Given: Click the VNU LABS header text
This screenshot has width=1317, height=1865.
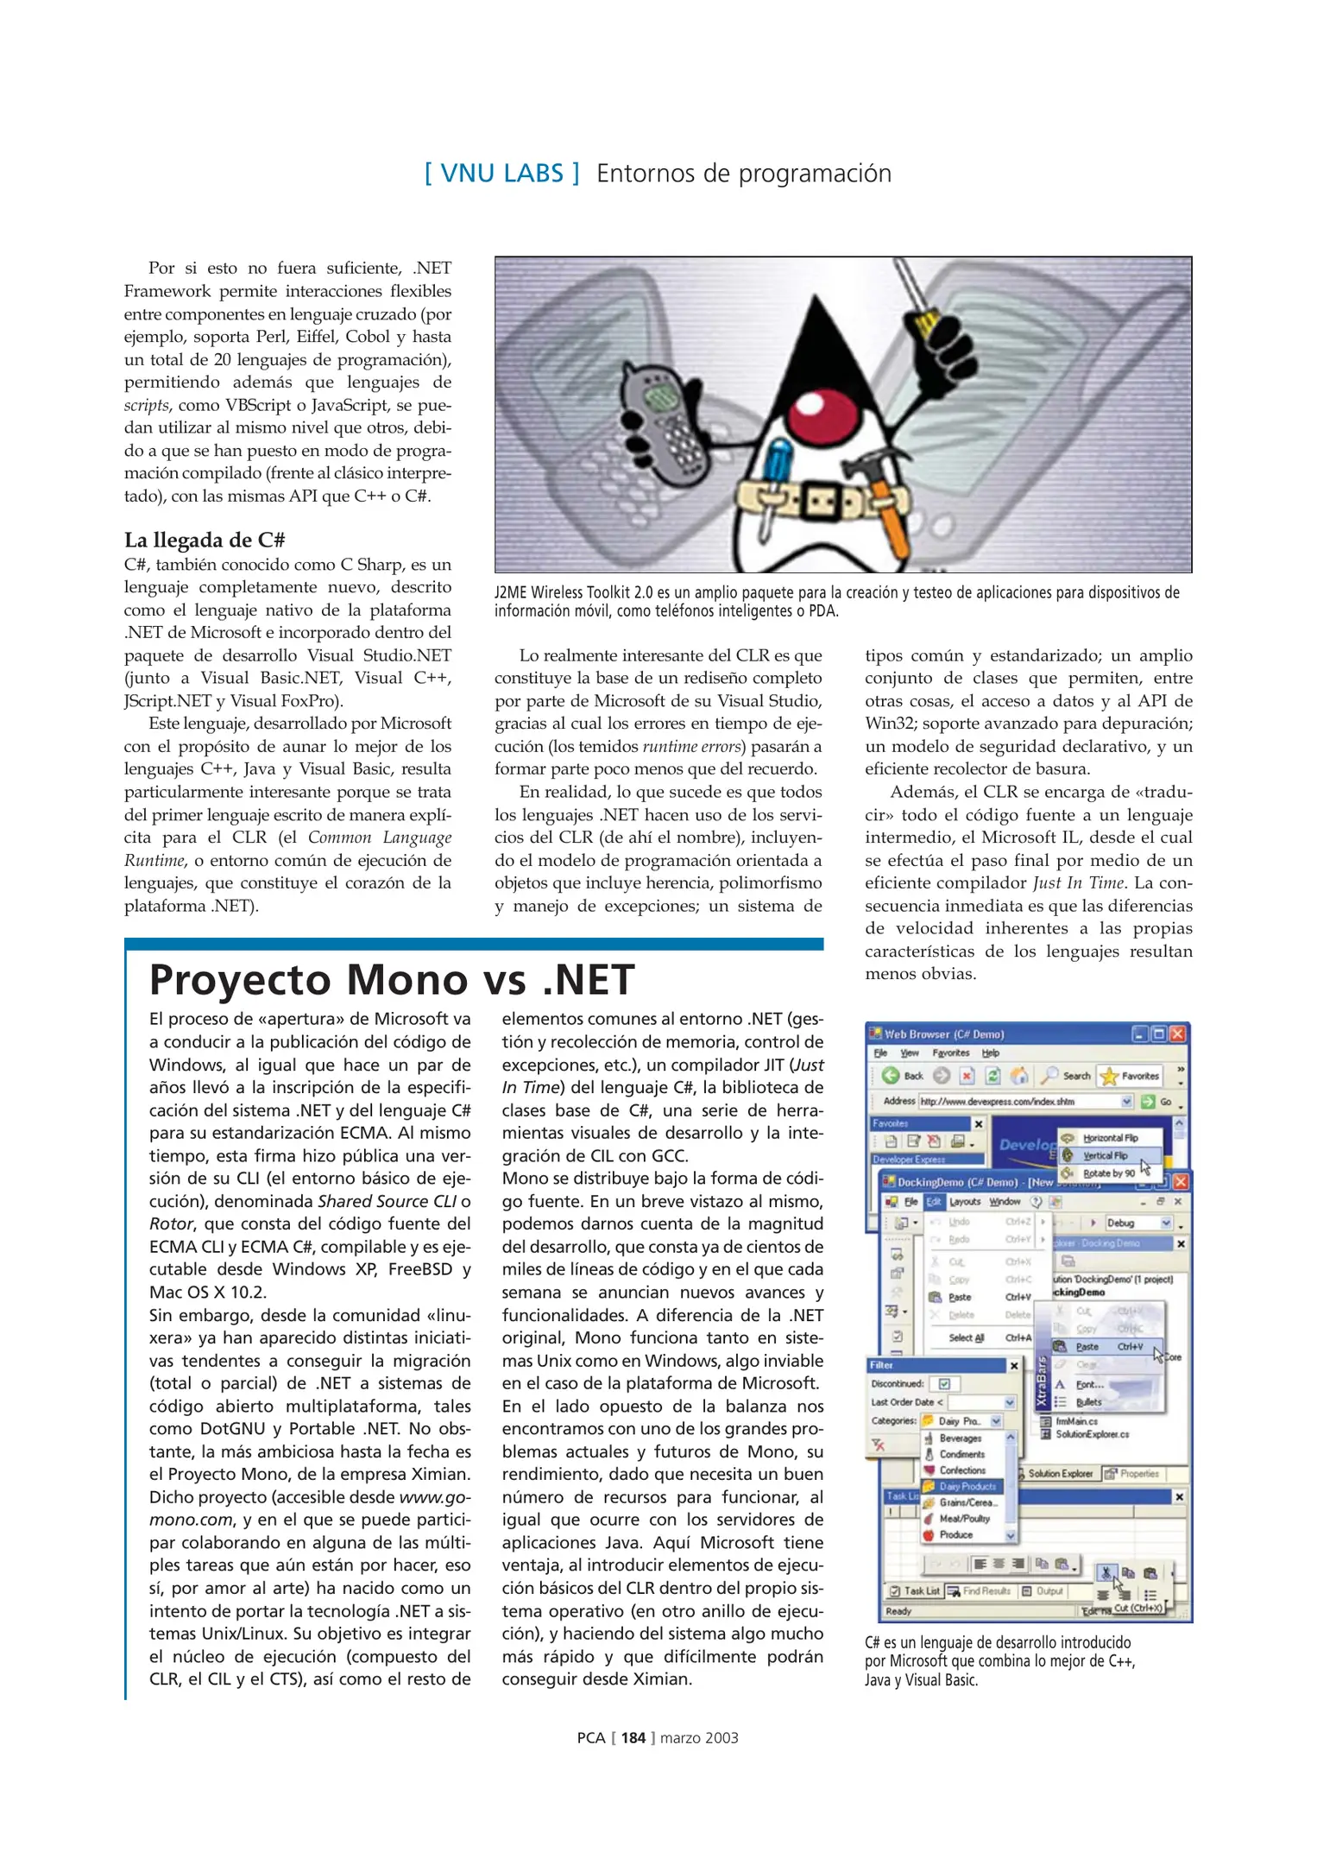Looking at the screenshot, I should pyautogui.click(x=501, y=174).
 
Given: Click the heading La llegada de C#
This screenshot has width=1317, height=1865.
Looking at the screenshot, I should pyautogui.click(x=205, y=541).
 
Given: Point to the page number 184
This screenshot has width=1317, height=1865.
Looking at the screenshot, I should pyautogui.click(x=633, y=1738).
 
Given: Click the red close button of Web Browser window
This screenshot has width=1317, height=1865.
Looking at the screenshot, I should pyautogui.click(x=1177, y=1034).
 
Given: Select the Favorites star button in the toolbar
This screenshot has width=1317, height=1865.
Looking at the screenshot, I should pyautogui.click(x=1131, y=1076).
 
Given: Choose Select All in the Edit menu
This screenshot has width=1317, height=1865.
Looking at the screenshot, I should pyautogui.click(x=966, y=1337).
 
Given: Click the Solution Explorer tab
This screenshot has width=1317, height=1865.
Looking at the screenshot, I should pyautogui.click(x=1059, y=1473).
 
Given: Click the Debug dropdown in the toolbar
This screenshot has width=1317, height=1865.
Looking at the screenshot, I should pyautogui.click(x=1137, y=1223).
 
